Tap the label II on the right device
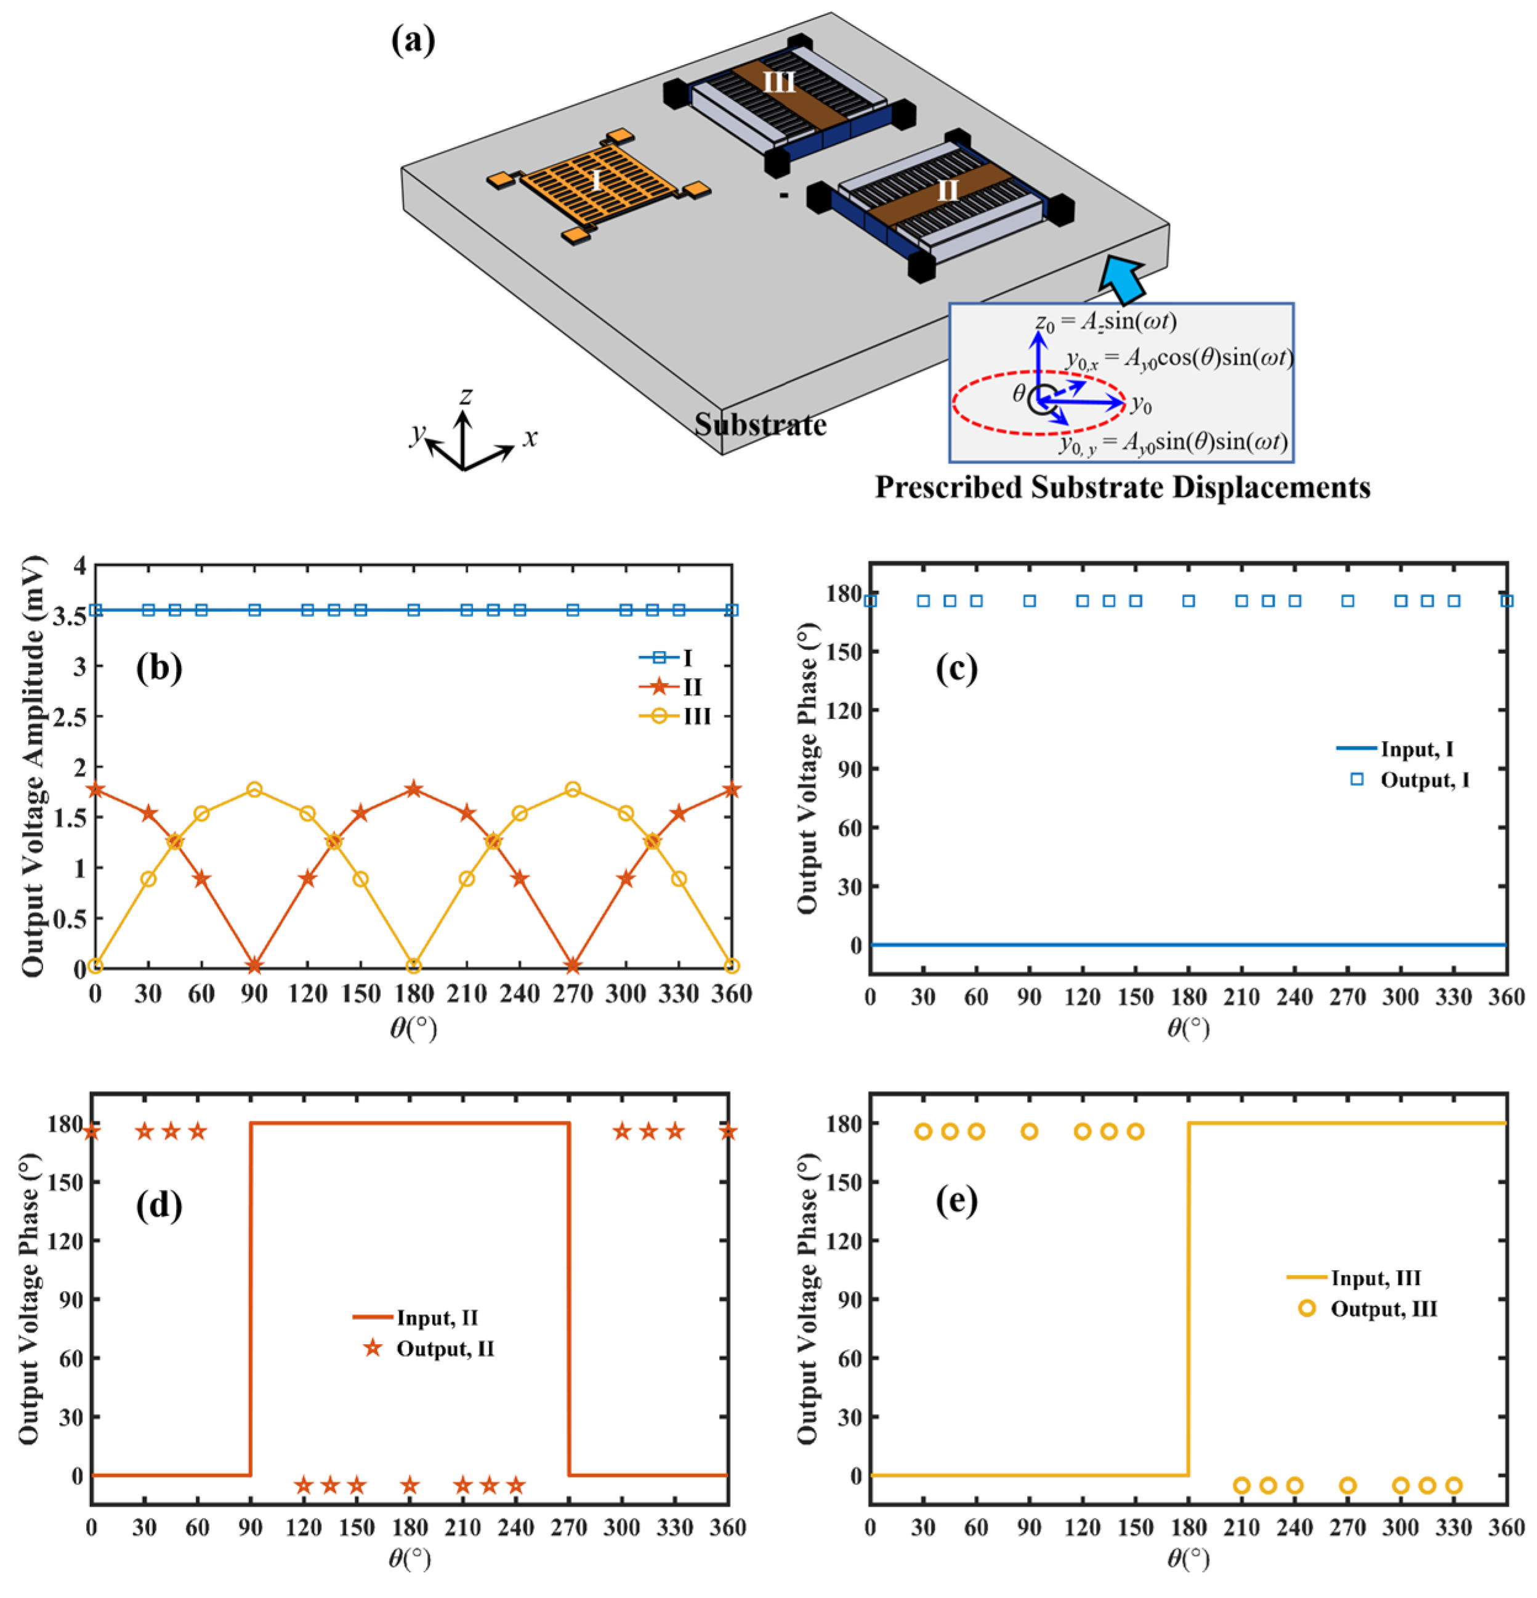(947, 191)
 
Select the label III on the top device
(778, 83)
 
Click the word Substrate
(759, 425)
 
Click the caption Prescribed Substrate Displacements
(1122, 487)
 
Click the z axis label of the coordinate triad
(466, 395)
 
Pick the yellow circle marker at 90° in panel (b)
(254, 789)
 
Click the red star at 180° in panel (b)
(414, 789)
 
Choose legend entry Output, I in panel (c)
(1424, 781)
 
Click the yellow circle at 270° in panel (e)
(1348, 1485)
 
